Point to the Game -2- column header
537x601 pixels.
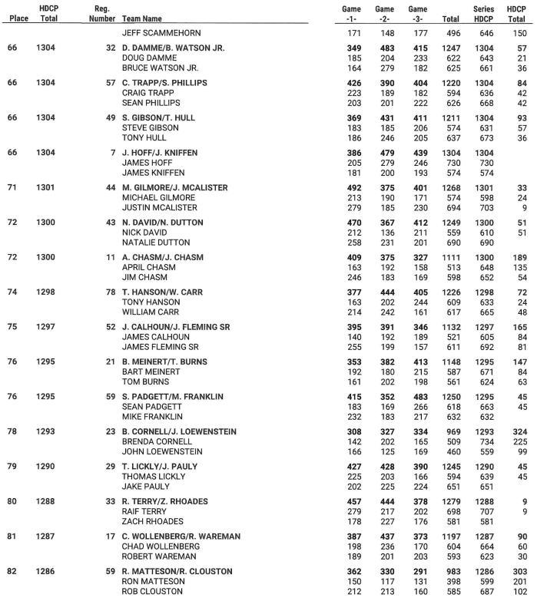pos(383,13)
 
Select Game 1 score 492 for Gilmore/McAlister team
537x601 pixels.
pos(351,187)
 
